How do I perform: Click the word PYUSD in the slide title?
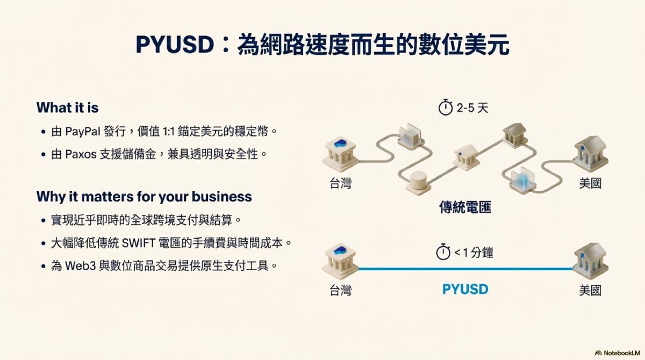click(x=175, y=45)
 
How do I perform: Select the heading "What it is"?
click(x=67, y=107)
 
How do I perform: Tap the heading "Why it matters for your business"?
click(x=144, y=197)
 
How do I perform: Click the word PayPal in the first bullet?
click(x=83, y=132)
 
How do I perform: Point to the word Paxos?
click(x=81, y=154)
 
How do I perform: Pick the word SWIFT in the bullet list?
click(x=139, y=243)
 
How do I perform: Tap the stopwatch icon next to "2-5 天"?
click(x=446, y=107)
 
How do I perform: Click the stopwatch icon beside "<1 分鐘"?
click(x=443, y=252)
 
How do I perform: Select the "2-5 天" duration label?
click(x=472, y=108)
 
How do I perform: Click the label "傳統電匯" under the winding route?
click(x=465, y=207)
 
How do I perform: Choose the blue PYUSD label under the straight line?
click(x=465, y=289)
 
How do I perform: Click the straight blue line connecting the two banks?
click(x=465, y=269)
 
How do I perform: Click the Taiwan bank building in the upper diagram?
click(x=340, y=154)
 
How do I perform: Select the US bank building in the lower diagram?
click(x=590, y=261)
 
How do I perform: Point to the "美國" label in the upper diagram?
click(x=590, y=183)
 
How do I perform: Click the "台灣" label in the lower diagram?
click(x=340, y=290)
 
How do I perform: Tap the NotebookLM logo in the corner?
click(x=618, y=353)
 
